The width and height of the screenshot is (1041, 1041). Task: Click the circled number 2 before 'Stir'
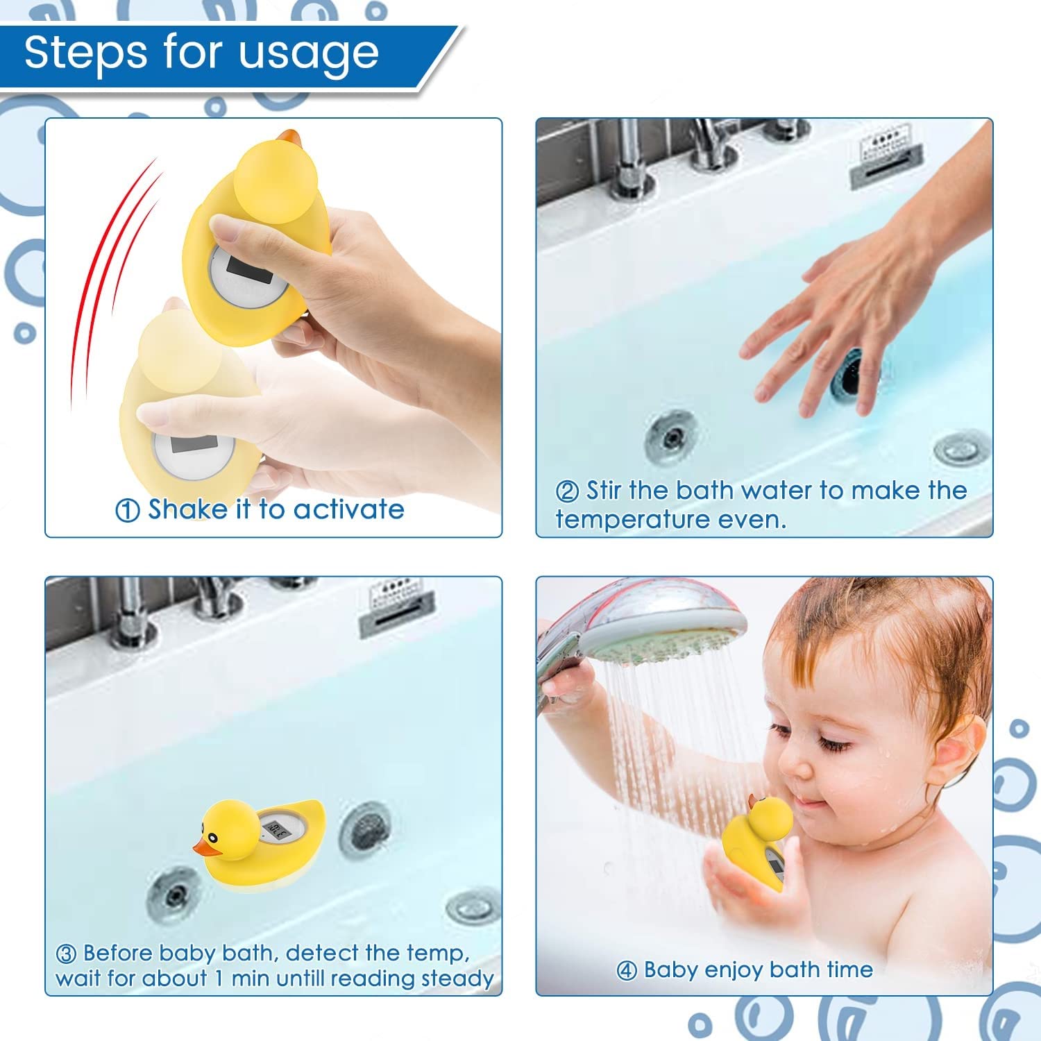pyautogui.click(x=567, y=491)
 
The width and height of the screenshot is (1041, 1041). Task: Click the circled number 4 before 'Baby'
pyautogui.click(x=626, y=971)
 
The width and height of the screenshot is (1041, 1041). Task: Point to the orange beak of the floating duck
pyautogui.click(x=205, y=847)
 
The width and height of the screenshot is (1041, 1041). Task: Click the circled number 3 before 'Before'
pyautogui.click(x=66, y=954)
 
